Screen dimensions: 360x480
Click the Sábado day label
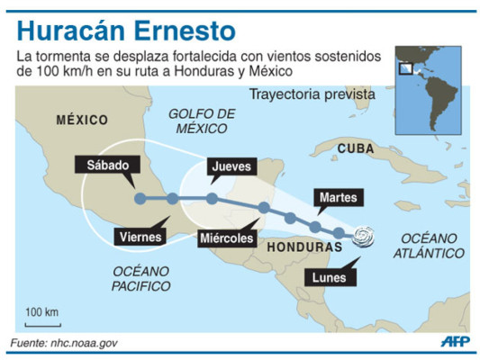click(x=114, y=166)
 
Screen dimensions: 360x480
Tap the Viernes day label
click(x=140, y=237)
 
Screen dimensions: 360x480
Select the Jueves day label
click(x=233, y=166)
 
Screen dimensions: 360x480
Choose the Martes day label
click(x=339, y=196)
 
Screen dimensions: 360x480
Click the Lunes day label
click(x=329, y=276)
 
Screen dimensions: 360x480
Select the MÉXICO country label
click(x=81, y=120)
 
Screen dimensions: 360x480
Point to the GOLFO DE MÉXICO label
click(x=201, y=121)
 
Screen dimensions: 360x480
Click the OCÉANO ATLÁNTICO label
click(x=429, y=246)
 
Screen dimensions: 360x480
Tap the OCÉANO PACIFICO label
click(x=141, y=278)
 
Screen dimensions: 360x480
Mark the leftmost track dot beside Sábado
click(x=139, y=199)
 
